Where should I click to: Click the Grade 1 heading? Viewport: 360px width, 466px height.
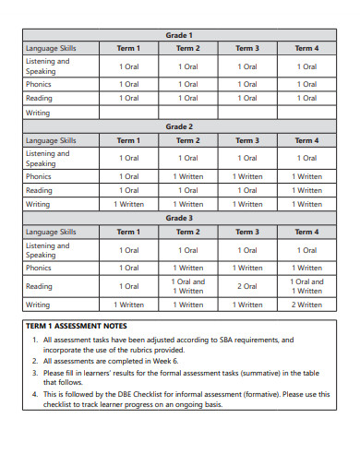click(x=179, y=34)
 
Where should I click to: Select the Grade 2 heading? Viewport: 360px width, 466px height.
click(x=179, y=126)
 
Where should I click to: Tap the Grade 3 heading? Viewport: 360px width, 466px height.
click(x=179, y=218)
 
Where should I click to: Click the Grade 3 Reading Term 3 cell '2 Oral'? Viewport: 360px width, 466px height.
click(x=247, y=286)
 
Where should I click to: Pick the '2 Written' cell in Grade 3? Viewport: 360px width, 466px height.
click(x=306, y=305)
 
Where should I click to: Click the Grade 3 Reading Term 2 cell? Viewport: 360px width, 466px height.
click(x=188, y=286)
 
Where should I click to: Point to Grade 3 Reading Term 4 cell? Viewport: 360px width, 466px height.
click(x=306, y=286)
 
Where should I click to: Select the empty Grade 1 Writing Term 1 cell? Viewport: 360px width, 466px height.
click(x=129, y=113)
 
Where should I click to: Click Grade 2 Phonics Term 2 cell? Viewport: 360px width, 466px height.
click(x=188, y=176)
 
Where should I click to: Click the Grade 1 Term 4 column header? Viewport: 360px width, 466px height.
click(x=306, y=48)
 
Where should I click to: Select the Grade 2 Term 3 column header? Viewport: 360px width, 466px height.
click(x=247, y=140)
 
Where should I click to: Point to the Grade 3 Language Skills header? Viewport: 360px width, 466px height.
click(x=52, y=232)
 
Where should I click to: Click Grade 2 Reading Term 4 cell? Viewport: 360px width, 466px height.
click(x=306, y=190)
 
